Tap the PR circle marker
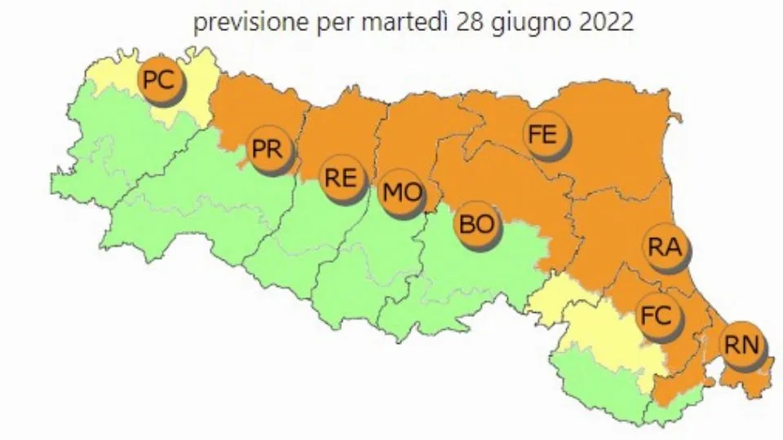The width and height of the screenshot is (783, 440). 268,150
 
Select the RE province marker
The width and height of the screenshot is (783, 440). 341,178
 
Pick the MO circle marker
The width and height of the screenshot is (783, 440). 402,194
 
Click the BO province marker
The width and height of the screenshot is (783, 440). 477,223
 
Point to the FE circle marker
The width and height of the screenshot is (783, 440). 542,133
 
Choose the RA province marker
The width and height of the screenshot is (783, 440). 665,247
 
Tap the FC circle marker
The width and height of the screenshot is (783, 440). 657,315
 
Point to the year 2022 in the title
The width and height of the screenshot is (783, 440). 604,22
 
